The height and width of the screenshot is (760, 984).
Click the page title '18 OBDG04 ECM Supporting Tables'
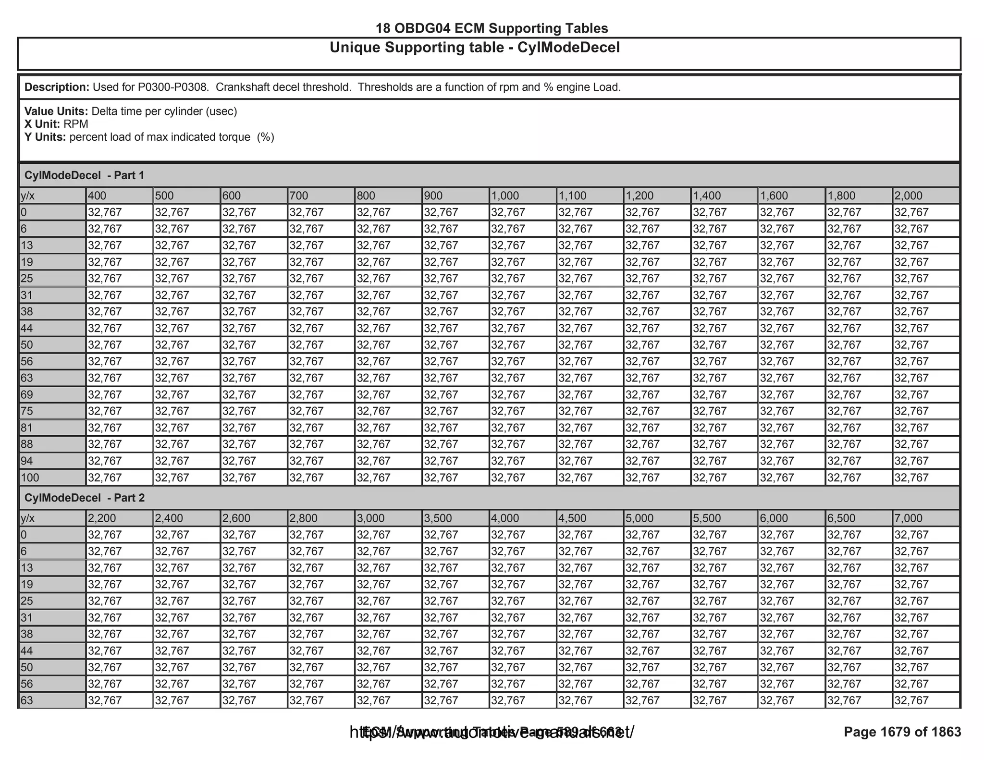click(x=492, y=28)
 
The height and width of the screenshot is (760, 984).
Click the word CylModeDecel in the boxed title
click(x=568, y=48)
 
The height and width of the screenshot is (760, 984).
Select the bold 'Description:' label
click(x=57, y=87)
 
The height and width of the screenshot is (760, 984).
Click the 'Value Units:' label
click(x=56, y=111)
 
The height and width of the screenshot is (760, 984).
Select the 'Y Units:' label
click(x=45, y=137)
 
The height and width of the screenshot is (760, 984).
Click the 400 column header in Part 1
click(x=97, y=196)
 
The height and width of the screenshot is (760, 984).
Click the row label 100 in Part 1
click(x=30, y=478)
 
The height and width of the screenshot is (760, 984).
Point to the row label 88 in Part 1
click(x=27, y=444)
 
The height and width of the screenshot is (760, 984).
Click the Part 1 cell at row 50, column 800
click(x=374, y=345)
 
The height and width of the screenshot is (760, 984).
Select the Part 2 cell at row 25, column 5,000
click(x=642, y=601)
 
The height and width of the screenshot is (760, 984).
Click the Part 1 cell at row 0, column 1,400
click(x=710, y=212)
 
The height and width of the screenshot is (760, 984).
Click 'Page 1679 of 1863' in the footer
click(x=902, y=732)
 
